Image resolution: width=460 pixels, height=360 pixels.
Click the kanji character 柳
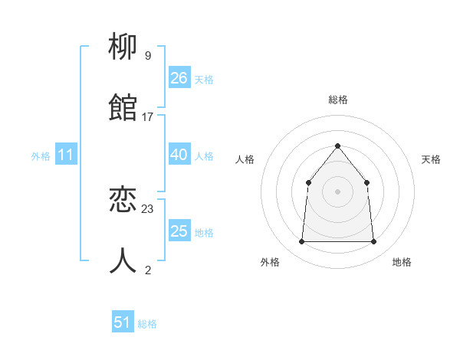pyautogui.click(x=123, y=48)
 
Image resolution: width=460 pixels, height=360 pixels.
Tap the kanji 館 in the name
pyautogui.click(x=123, y=108)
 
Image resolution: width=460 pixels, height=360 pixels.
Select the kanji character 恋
pyautogui.click(x=123, y=201)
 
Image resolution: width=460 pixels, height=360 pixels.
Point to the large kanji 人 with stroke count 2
pyautogui.click(x=123, y=261)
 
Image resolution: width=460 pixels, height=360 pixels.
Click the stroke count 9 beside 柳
pyautogui.click(x=147, y=56)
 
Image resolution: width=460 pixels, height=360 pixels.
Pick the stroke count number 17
pyautogui.click(x=147, y=116)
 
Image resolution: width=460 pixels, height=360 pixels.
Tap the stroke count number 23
pyautogui.click(x=148, y=208)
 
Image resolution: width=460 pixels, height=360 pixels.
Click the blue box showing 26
pyautogui.click(x=179, y=78)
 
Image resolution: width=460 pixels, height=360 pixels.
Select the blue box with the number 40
pyautogui.click(x=179, y=155)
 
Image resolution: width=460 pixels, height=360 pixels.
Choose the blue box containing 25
pyautogui.click(x=179, y=231)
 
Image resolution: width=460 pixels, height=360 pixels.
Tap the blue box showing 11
pyautogui.click(x=66, y=155)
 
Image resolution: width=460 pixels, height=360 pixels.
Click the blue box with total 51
pyautogui.click(x=123, y=322)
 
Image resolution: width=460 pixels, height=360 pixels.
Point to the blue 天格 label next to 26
pyautogui.click(x=204, y=79)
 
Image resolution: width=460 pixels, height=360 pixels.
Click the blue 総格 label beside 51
pyautogui.click(x=147, y=324)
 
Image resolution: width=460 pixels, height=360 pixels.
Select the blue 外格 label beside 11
pyautogui.click(x=41, y=156)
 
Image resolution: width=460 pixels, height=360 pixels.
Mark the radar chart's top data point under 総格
pyautogui.click(x=337, y=146)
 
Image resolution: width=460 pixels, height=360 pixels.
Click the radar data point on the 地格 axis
pyautogui.click(x=373, y=241)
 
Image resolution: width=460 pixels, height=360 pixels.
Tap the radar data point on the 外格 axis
pyautogui.click(x=301, y=241)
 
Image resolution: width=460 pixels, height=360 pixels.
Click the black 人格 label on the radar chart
pyautogui.click(x=245, y=159)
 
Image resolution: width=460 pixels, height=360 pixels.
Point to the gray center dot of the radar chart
pyautogui.click(x=337, y=191)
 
